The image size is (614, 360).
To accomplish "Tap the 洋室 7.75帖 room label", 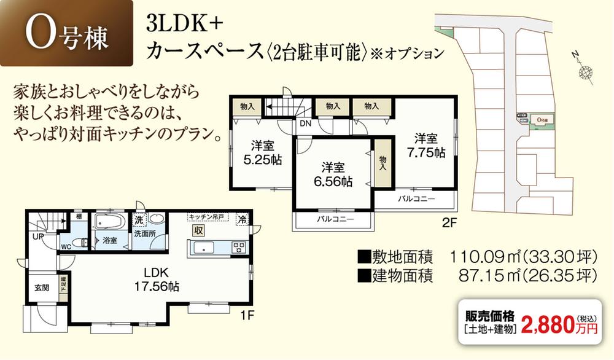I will (425, 145).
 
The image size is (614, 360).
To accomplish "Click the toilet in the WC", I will (76, 241).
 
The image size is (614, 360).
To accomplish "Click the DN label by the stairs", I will (305, 123).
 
